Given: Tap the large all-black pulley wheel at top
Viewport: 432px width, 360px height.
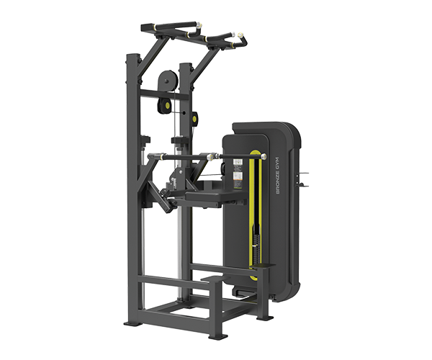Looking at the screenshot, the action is (166, 81).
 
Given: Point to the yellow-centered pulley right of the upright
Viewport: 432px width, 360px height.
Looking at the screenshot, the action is (195, 118).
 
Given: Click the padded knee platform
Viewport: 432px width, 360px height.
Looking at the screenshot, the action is (204, 196).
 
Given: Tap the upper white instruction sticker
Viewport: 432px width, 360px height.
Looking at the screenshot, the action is (238, 163).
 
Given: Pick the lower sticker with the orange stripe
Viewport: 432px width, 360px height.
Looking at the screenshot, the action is (238, 181).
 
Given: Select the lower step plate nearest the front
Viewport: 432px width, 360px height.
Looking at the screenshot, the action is (212, 279).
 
